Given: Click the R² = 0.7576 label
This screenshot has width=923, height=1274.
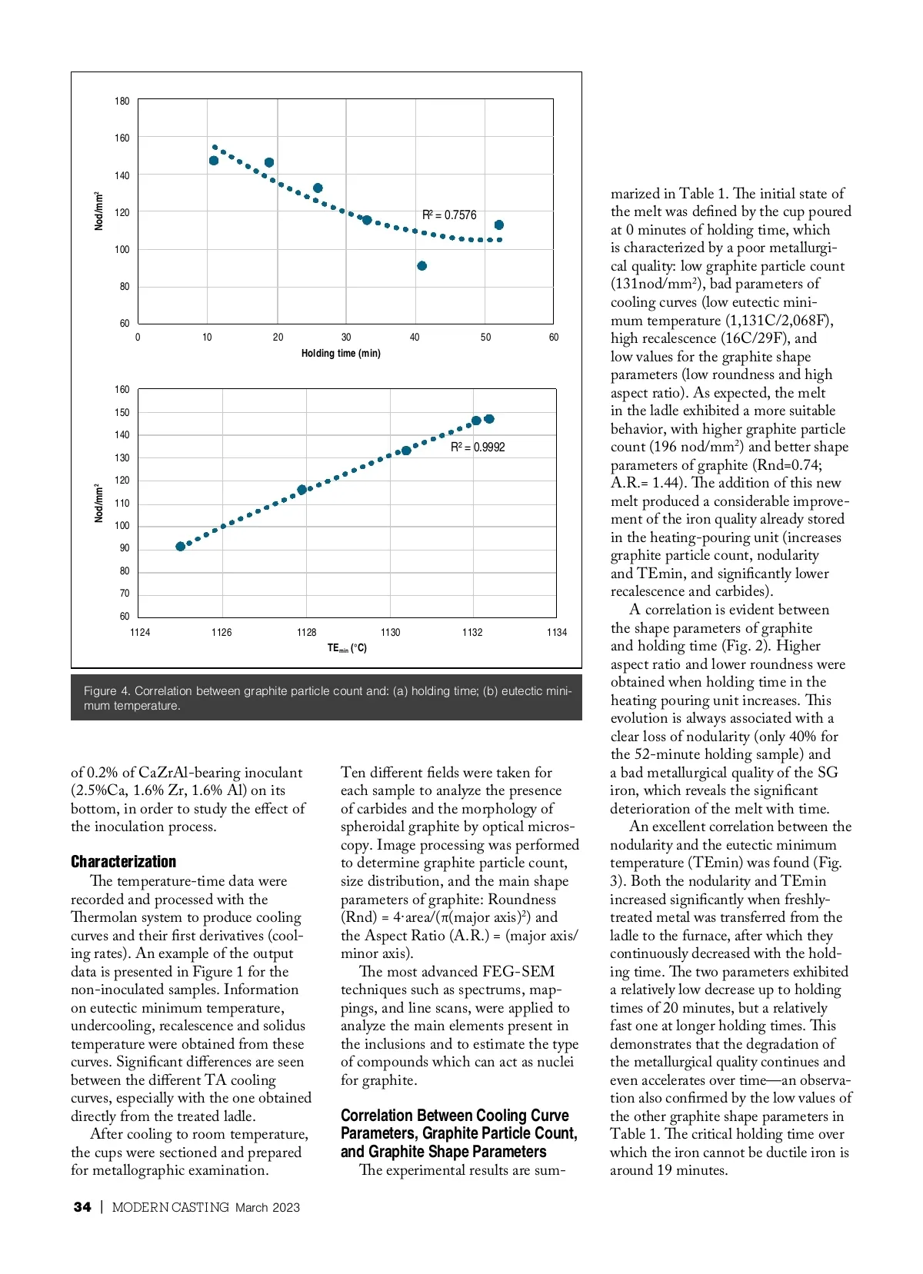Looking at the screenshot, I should coord(449,215).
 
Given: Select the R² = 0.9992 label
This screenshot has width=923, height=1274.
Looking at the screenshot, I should coord(478,447).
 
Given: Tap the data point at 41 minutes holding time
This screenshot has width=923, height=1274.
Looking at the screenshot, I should coord(422,266).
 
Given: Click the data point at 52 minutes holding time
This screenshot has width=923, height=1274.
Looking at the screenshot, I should coord(499,225).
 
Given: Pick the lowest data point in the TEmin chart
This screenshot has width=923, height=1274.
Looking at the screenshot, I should coord(181,547).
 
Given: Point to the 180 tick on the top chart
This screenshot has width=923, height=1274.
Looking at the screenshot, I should coord(122,101).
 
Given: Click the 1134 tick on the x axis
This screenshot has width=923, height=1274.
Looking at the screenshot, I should coord(557,633).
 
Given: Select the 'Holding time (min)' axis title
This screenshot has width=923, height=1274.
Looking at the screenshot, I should coord(341,354).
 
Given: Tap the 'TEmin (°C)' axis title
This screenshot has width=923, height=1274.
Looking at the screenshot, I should coord(347,648).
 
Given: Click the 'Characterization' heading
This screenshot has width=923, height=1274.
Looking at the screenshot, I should coord(123,861).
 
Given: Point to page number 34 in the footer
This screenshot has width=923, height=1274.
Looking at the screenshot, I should coord(82,1207).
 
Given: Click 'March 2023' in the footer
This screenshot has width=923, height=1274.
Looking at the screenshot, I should coord(268,1207).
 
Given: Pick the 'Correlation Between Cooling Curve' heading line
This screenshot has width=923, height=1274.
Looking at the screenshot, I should coord(455,1116).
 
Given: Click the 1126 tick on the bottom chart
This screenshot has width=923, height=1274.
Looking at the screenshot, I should coord(222,633).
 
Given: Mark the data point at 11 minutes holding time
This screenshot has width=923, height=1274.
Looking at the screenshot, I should coord(214,161).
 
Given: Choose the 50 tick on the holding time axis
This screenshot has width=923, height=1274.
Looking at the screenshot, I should coord(485,338).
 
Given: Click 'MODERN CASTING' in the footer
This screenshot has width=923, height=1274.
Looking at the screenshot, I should coord(171,1207).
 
